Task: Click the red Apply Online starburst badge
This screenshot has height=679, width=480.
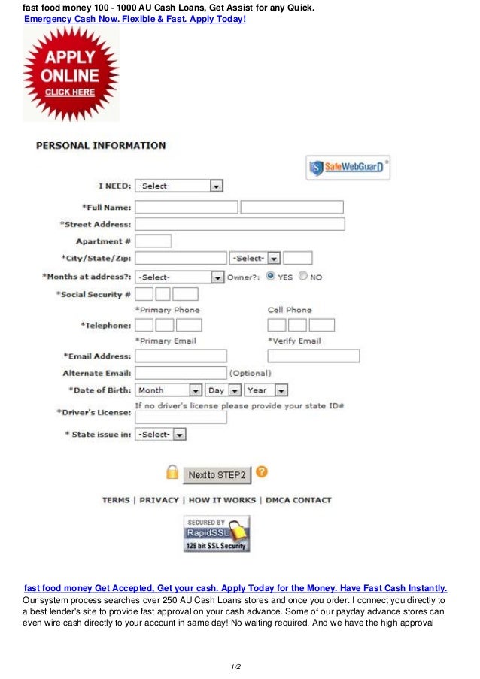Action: (71, 74)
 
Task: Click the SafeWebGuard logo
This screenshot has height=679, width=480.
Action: (348, 167)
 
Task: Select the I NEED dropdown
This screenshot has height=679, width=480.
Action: (179, 186)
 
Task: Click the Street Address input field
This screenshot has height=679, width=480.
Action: (239, 224)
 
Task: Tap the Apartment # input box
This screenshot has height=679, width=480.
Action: (153, 241)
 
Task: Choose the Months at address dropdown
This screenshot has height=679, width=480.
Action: (179, 277)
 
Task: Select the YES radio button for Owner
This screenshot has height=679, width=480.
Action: (270, 276)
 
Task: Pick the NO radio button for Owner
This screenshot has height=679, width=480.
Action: (302, 276)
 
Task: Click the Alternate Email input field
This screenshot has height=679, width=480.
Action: (181, 373)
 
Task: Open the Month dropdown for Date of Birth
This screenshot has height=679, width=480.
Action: (169, 390)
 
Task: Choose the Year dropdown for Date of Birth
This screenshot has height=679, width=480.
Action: (266, 390)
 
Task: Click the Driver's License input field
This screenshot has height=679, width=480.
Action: (181, 417)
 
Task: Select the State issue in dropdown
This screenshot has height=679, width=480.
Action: (160, 435)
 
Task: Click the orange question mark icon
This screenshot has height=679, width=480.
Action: (261, 472)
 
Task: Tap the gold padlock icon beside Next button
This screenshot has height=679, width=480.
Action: (172, 473)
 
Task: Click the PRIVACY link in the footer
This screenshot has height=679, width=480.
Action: (159, 500)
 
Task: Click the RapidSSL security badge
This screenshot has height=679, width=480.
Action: (216, 534)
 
